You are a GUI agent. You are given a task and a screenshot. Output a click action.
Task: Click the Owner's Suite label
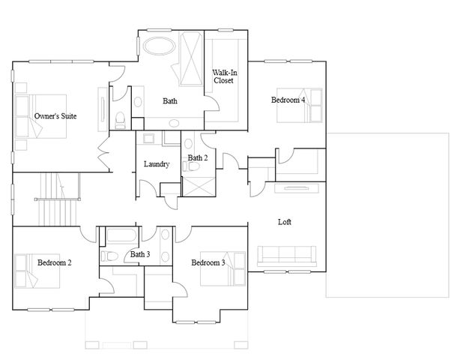(55, 116)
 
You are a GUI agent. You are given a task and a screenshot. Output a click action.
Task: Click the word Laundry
(157, 164)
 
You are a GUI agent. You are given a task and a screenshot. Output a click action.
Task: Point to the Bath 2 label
(199, 157)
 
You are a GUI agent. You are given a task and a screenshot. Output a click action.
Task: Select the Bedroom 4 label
(288, 100)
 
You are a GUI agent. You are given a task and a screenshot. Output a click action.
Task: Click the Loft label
(285, 223)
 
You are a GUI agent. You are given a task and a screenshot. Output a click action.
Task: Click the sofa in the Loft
(288, 257)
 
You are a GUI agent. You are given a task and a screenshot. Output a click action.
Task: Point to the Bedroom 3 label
(208, 262)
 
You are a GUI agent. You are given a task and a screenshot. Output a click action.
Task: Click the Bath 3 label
(140, 255)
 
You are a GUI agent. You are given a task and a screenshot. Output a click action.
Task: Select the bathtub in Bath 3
(119, 237)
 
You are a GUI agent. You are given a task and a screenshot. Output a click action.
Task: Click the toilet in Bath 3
(109, 256)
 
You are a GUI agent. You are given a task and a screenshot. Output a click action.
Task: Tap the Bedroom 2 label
(54, 262)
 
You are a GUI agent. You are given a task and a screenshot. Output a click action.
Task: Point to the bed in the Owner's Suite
(41, 116)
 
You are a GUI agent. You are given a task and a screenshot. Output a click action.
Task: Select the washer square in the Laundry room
(148, 139)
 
